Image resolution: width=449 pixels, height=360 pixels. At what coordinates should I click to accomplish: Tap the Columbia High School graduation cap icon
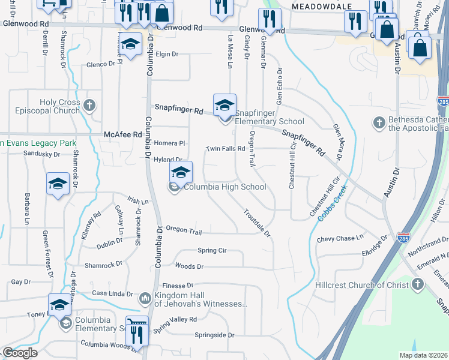[x=181, y=172]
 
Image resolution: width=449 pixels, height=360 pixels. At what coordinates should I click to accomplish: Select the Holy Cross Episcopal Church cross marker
[x=89, y=106]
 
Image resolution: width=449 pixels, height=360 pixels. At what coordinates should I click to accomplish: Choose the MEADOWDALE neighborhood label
[x=320, y=5]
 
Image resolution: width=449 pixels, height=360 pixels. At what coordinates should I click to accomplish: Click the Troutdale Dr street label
[x=258, y=222]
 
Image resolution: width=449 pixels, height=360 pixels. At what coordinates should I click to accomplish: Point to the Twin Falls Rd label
[x=226, y=148]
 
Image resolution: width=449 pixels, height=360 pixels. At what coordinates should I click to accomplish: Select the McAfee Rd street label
[x=122, y=134]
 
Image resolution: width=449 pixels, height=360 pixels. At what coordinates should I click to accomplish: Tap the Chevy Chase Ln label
[x=340, y=238]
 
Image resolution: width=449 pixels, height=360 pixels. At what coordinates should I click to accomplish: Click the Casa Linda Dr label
[x=112, y=293]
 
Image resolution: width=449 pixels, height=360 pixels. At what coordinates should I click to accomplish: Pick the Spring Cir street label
[x=211, y=250]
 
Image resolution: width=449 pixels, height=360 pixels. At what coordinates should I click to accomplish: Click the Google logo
[x=20, y=352]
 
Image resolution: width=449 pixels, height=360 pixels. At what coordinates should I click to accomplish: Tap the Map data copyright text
[x=424, y=355]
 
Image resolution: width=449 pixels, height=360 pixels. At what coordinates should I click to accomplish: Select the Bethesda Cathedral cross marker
[x=379, y=123]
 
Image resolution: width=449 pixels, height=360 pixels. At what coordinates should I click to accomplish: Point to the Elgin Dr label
[x=167, y=54]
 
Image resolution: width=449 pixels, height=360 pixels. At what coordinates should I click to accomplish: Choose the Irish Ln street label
[x=137, y=201]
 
